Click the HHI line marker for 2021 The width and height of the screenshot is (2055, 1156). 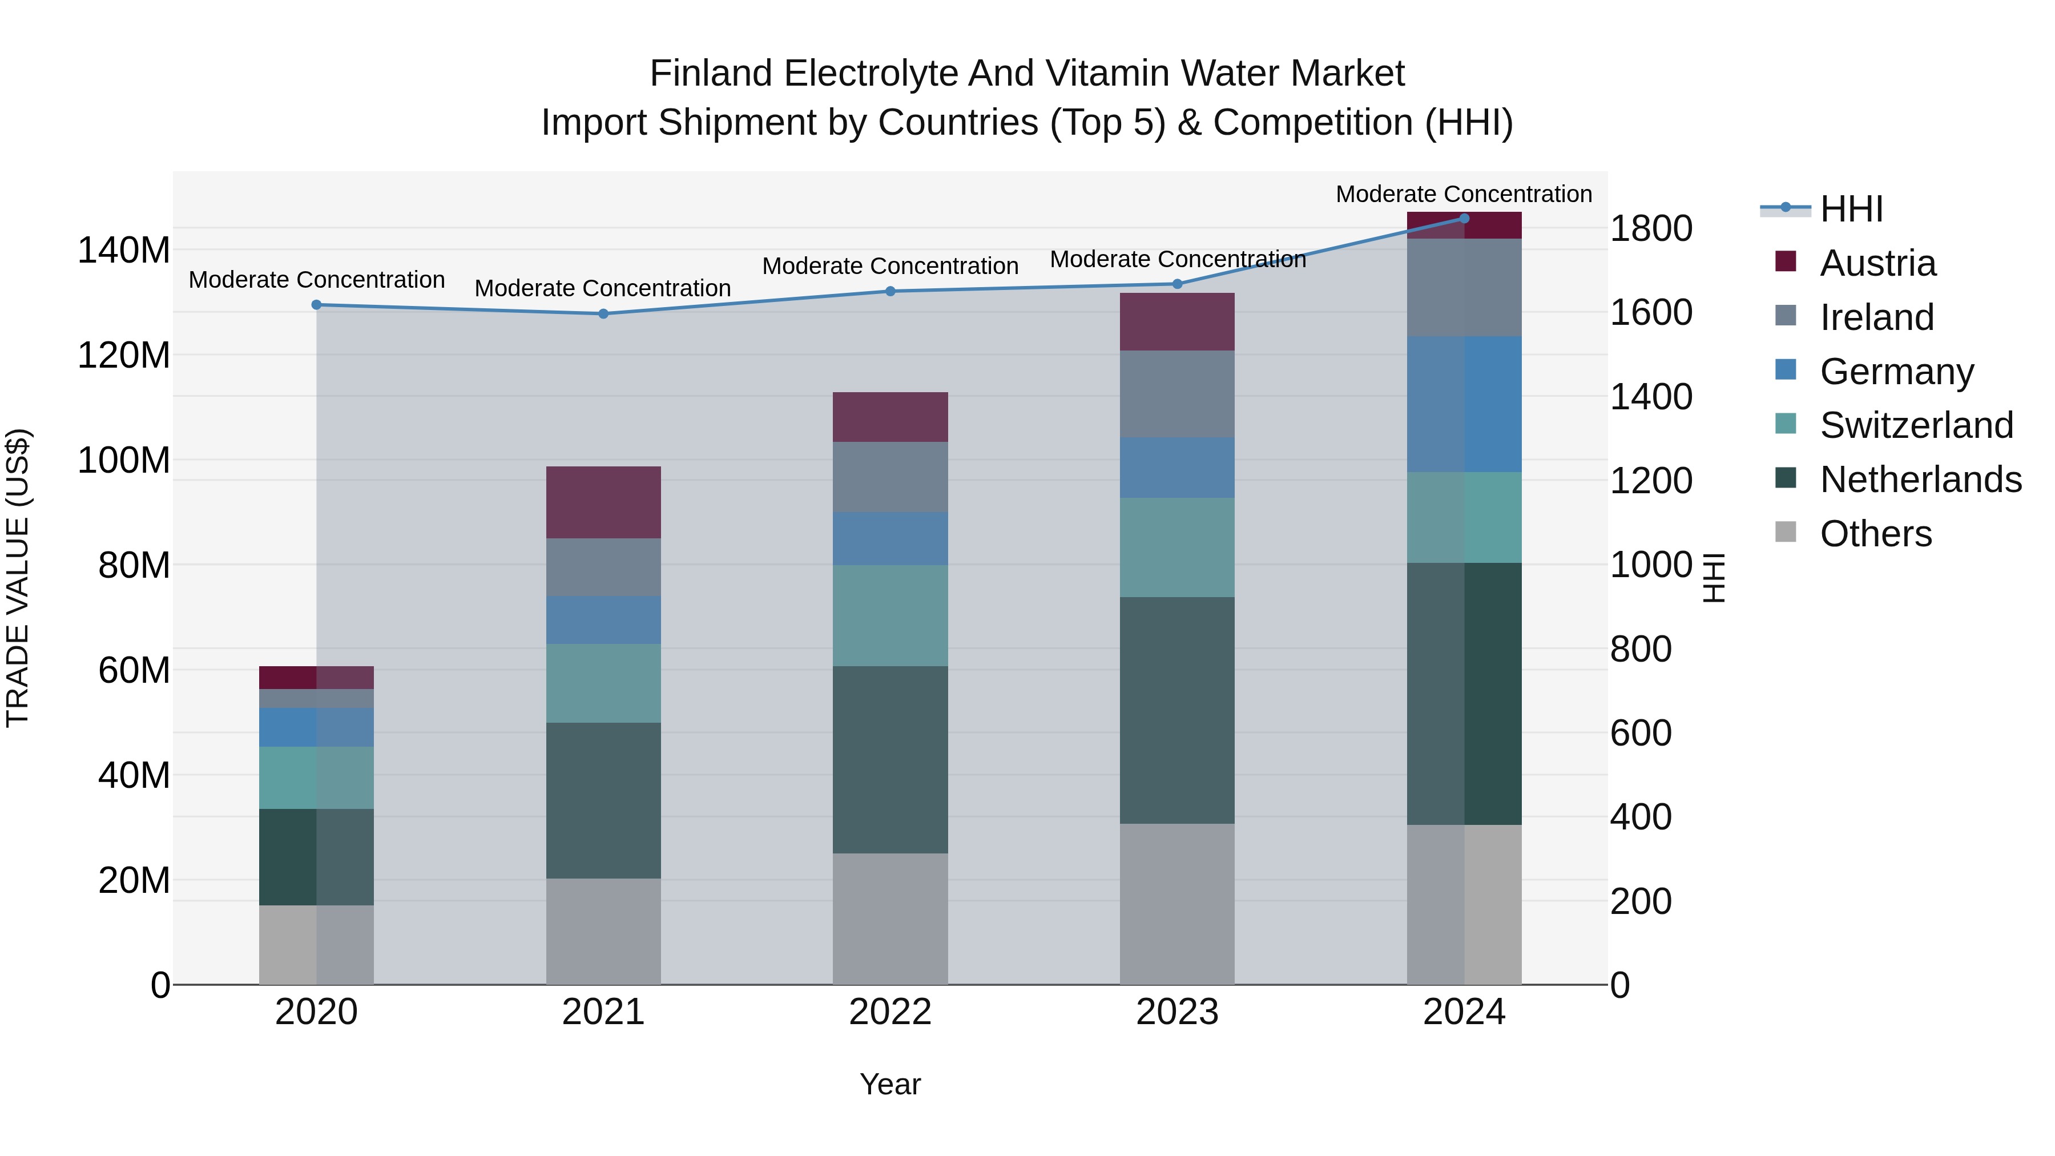pyautogui.click(x=603, y=313)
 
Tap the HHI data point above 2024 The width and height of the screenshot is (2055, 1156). pyautogui.click(x=1464, y=218)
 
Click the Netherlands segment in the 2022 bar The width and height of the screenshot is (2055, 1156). pyautogui.click(x=890, y=759)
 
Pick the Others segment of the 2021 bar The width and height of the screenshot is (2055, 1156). pyautogui.click(x=603, y=931)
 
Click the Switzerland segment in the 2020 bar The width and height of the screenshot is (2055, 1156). pyautogui.click(x=317, y=778)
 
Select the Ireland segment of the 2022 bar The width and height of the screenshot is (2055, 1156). pyautogui.click(x=890, y=477)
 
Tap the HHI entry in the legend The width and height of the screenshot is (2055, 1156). pyautogui.click(x=1851, y=209)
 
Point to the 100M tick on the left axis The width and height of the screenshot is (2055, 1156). pyautogui.click(x=124, y=460)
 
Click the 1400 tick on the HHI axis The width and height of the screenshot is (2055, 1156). pyautogui.click(x=1650, y=397)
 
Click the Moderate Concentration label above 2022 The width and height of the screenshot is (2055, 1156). pyautogui.click(x=890, y=265)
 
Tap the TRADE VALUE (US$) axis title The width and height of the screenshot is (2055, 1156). pyautogui.click(x=18, y=578)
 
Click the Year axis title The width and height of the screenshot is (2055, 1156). pyautogui.click(x=890, y=1084)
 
